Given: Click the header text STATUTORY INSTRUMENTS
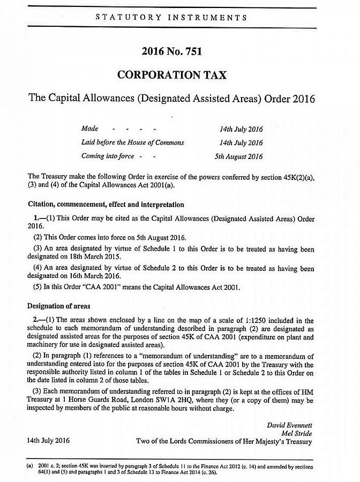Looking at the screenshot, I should pyautogui.click(x=171, y=17).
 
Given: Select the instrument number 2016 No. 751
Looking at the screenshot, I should pyautogui.click(x=171, y=51).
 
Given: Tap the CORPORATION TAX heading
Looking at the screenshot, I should pyautogui.click(x=171, y=75).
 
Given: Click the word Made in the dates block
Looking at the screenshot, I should pyautogui.click(x=89, y=129).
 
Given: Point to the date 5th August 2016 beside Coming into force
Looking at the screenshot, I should pyautogui.click(x=241, y=156).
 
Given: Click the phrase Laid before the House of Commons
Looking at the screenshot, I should pyautogui.click(x=132, y=142).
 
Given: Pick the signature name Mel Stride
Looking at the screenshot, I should pyautogui.click(x=296, y=433).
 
